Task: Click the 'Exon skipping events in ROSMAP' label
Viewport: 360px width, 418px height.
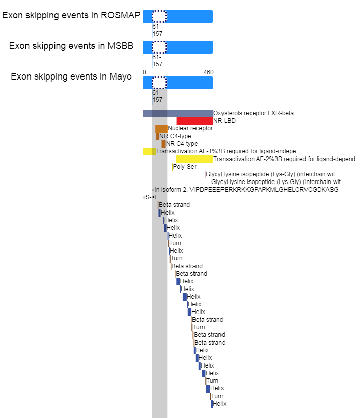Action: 71,15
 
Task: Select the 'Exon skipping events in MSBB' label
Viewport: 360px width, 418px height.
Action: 71,46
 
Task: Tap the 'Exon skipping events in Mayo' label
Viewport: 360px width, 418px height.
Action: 71,76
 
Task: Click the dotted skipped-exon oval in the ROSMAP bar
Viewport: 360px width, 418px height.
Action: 159,16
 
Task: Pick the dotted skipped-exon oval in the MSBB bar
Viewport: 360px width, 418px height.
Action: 159,47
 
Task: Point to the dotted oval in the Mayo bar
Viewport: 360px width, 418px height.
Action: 159,83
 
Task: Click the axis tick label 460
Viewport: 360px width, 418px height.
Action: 208,72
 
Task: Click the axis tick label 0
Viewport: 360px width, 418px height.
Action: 144,72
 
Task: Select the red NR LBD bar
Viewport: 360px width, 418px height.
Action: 195,121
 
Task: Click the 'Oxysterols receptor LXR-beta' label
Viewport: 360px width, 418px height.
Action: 254,113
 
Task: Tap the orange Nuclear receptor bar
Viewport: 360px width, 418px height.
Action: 161,128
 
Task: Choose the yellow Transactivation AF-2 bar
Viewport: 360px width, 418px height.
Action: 195,159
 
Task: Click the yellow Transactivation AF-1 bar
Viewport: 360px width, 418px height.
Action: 149,151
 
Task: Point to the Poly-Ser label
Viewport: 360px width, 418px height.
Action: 184,167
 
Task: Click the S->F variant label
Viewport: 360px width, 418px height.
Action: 152,197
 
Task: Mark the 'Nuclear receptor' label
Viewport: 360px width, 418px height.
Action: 190,128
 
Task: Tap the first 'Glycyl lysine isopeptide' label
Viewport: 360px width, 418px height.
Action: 270,174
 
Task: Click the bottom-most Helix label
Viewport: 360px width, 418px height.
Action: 219,404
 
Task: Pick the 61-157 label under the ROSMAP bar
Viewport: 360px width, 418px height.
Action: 157,30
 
